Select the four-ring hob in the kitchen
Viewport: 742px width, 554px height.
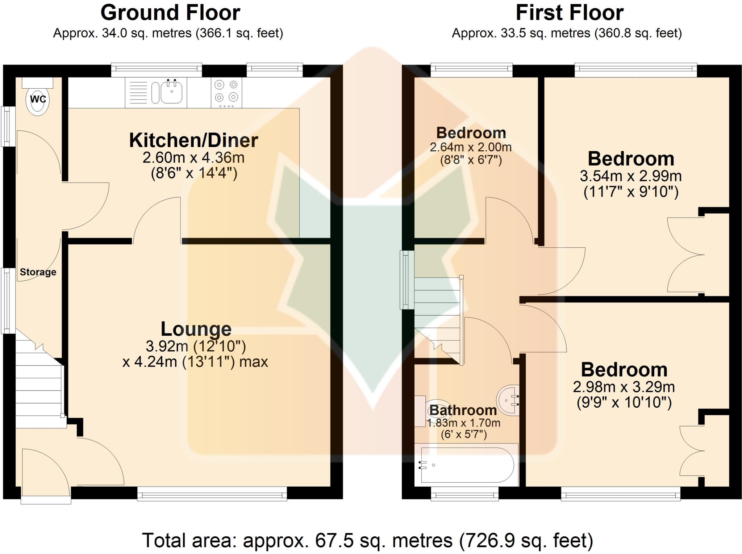[226, 92]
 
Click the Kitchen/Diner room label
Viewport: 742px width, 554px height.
[193, 140]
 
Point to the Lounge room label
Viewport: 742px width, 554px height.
[196, 329]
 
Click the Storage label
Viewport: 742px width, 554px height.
[38, 272]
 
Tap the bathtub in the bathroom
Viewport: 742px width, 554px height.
[467, 465]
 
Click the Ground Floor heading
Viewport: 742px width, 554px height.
[170, 13]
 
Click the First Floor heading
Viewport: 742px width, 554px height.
[570, 13]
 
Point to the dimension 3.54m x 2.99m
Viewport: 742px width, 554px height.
[631, 176]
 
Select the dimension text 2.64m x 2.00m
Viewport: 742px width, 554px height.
[471, 147]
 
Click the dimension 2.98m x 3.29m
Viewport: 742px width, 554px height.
[624, 387]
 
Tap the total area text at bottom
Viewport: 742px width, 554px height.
[367, 540]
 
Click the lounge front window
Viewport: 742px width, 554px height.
[212, 494]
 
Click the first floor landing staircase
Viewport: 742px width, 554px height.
[438, 315]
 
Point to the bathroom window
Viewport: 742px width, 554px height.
[464, 494]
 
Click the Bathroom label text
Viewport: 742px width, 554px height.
[463, 410]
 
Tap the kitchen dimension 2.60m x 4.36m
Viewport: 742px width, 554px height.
[193, 158]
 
